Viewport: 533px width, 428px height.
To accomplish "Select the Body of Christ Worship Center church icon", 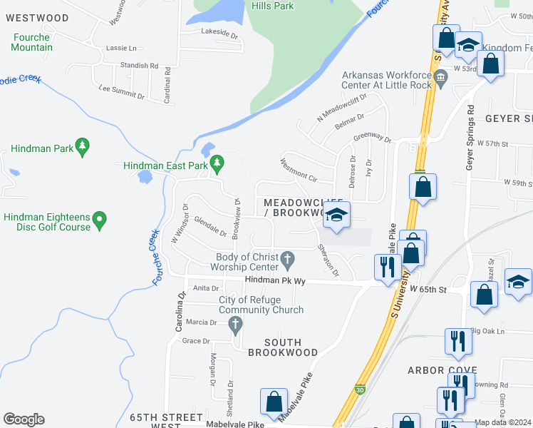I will [287, 259].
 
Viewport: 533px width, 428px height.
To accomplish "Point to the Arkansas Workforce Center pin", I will [442, 76].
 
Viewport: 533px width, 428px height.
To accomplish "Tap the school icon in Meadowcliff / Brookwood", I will [336, 215].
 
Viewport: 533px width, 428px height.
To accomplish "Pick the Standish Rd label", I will [139, 66].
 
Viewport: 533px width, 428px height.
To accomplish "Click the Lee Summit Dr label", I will [121, 91].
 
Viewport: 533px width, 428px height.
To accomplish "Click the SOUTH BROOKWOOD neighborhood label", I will [283, 347].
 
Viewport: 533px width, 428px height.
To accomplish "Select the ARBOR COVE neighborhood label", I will [441, 370].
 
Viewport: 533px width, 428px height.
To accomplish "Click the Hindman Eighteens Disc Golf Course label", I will [47, 222].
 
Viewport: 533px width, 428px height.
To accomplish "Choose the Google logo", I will [24, 419].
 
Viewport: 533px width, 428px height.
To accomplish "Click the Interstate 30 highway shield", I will [360, 389].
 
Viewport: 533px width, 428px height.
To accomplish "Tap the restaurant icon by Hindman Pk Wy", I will [387, 267].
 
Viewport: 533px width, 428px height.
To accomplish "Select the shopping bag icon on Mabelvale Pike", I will [274, 402].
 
